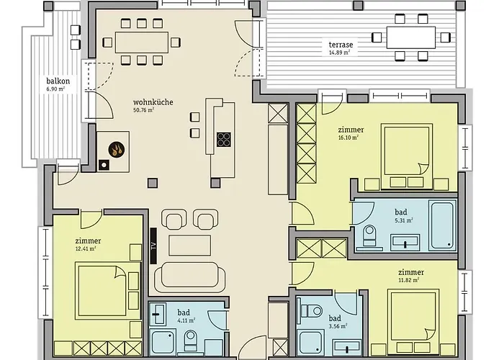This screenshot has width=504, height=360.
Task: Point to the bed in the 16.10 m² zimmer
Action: [405, 151]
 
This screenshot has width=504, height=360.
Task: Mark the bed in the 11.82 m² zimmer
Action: [413, 317]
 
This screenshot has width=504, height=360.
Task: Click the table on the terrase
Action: [410, 36]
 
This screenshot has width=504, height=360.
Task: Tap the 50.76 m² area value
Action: [146, 111]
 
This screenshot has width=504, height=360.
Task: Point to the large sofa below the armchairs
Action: [189, 275]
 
